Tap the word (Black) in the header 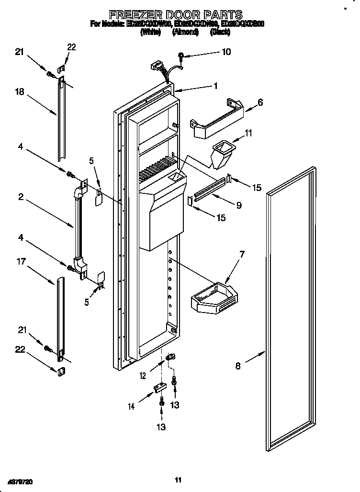[221, 32]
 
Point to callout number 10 [226, 52]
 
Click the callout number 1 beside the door [215, 86]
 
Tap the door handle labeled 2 [79, 225]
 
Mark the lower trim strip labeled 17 [60, 316]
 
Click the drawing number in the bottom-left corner [22, 480]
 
